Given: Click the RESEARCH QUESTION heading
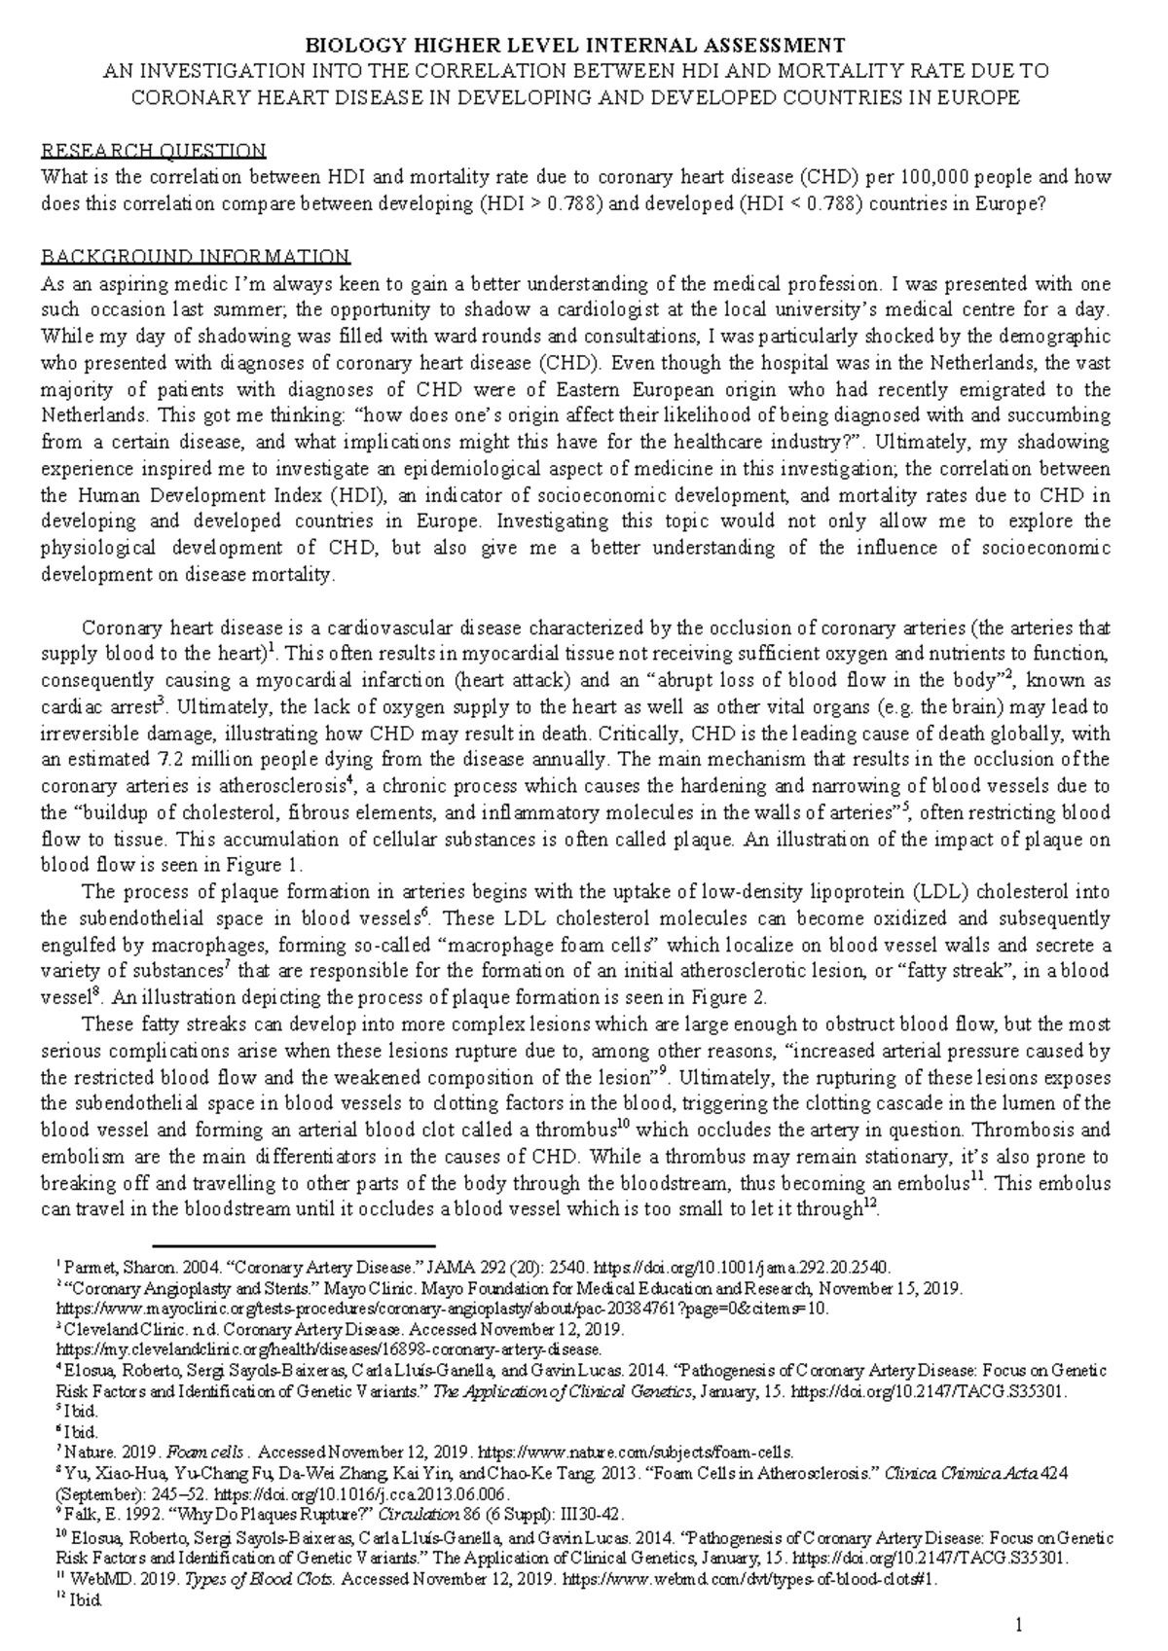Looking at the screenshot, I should (x=153, y=151).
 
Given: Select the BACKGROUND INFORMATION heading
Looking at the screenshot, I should (x=195, y=258).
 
